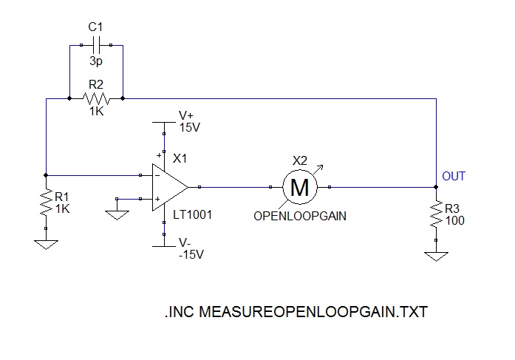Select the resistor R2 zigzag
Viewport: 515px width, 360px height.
tap(96, 98)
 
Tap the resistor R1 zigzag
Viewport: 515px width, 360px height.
tap(46, 200)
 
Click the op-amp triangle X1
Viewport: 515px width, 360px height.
tap(169, 187)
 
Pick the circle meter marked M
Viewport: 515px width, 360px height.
tap(300, 187)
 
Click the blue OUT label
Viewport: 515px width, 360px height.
tap(454, 176)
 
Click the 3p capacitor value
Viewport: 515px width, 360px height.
tap(96, 63)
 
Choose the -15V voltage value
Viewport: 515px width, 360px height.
tap(191, 255)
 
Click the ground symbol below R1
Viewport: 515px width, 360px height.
tap(46, 242)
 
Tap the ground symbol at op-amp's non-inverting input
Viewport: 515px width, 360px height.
tap(117, 214)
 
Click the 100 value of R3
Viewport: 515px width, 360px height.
tap(455, 220)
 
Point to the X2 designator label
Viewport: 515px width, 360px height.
tap(299, 160)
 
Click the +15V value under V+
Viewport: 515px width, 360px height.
tap(190, 127)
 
